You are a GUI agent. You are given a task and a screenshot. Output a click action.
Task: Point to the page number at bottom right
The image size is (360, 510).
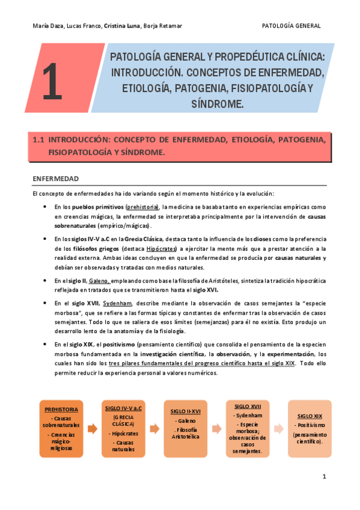(x=323, y=477)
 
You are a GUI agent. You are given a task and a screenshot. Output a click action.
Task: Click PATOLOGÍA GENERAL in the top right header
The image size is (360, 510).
(x=291, y=26)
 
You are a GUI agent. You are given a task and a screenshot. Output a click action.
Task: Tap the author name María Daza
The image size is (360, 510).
(x=46, y=26)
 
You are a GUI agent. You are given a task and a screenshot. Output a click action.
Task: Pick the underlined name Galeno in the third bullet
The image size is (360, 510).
(x=99, y=280)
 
